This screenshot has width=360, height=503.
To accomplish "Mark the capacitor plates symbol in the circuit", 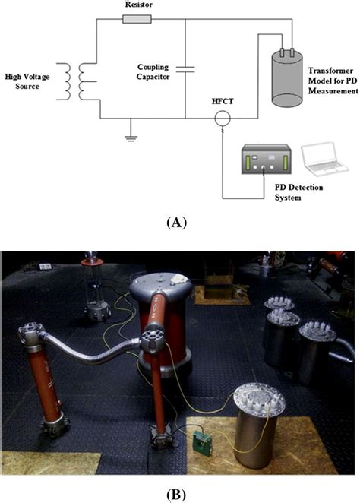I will point(185,69).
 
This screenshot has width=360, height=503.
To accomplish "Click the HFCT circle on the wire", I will point(222,119).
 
